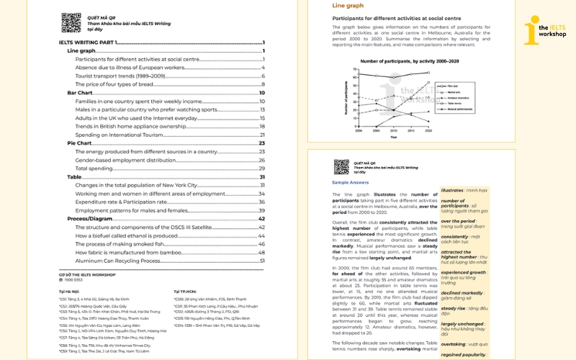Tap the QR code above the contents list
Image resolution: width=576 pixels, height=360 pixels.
click(x=71, y=22)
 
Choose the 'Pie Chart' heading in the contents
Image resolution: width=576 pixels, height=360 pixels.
click(x=79, y=143)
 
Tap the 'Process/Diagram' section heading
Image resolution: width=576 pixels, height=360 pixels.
click(x=90, y=218)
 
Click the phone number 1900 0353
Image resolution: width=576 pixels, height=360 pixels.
click(x=74, y=279)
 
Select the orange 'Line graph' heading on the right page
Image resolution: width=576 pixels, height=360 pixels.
click(x=348, y=6)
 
